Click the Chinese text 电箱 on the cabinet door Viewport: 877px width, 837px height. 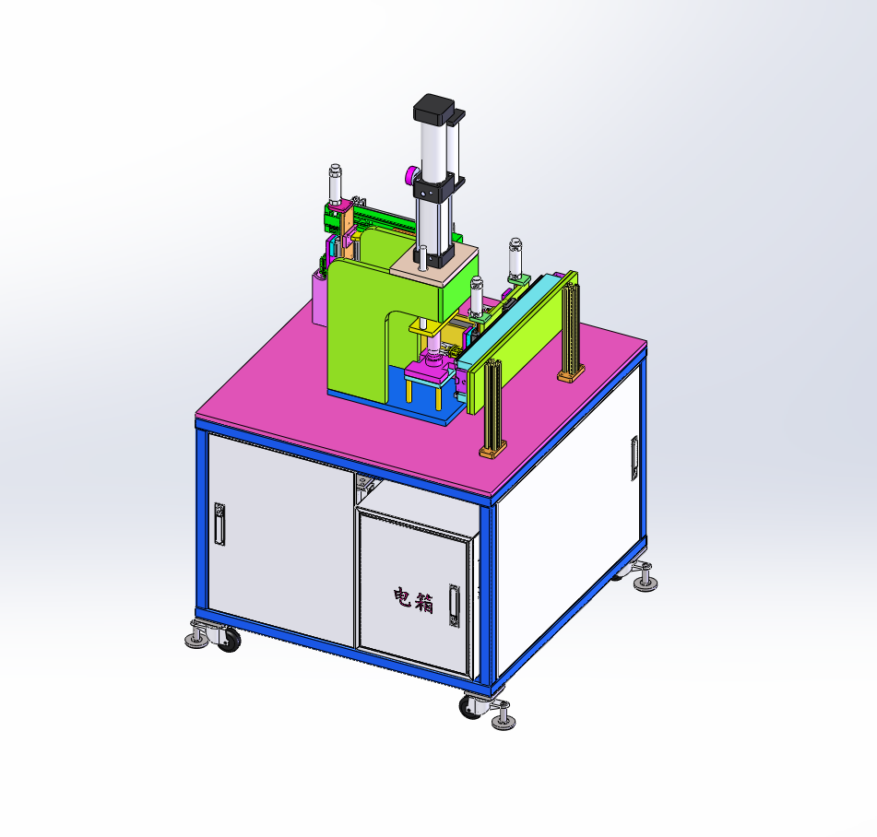(413, 600)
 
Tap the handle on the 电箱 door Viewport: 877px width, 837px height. (454, 606)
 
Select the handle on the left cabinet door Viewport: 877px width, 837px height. (219, 524)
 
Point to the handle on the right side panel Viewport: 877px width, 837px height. (634, 458)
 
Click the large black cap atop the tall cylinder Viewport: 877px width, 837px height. (434, 107)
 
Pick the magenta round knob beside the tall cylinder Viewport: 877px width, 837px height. (411, 175)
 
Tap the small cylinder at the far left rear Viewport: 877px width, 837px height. (336, 184)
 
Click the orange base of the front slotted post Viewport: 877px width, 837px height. (493, 449)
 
